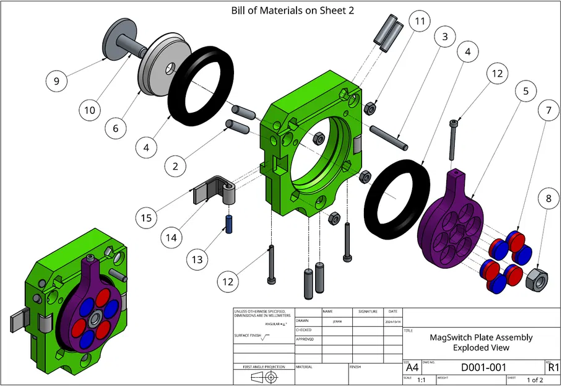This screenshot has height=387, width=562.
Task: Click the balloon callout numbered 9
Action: point(56,80)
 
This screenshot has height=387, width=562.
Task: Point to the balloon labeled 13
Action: point(197,259)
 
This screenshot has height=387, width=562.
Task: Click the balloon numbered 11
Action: point(420,22)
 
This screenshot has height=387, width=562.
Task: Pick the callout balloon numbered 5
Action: point(525,91)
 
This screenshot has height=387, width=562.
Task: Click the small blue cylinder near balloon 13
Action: point(228,223)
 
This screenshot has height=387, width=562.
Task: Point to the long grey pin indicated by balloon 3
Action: point(389,137)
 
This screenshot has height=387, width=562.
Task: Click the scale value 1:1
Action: point(421,380)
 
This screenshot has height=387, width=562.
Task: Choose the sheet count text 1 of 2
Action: point(534,380)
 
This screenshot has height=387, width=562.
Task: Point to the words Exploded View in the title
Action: point(480,348)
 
